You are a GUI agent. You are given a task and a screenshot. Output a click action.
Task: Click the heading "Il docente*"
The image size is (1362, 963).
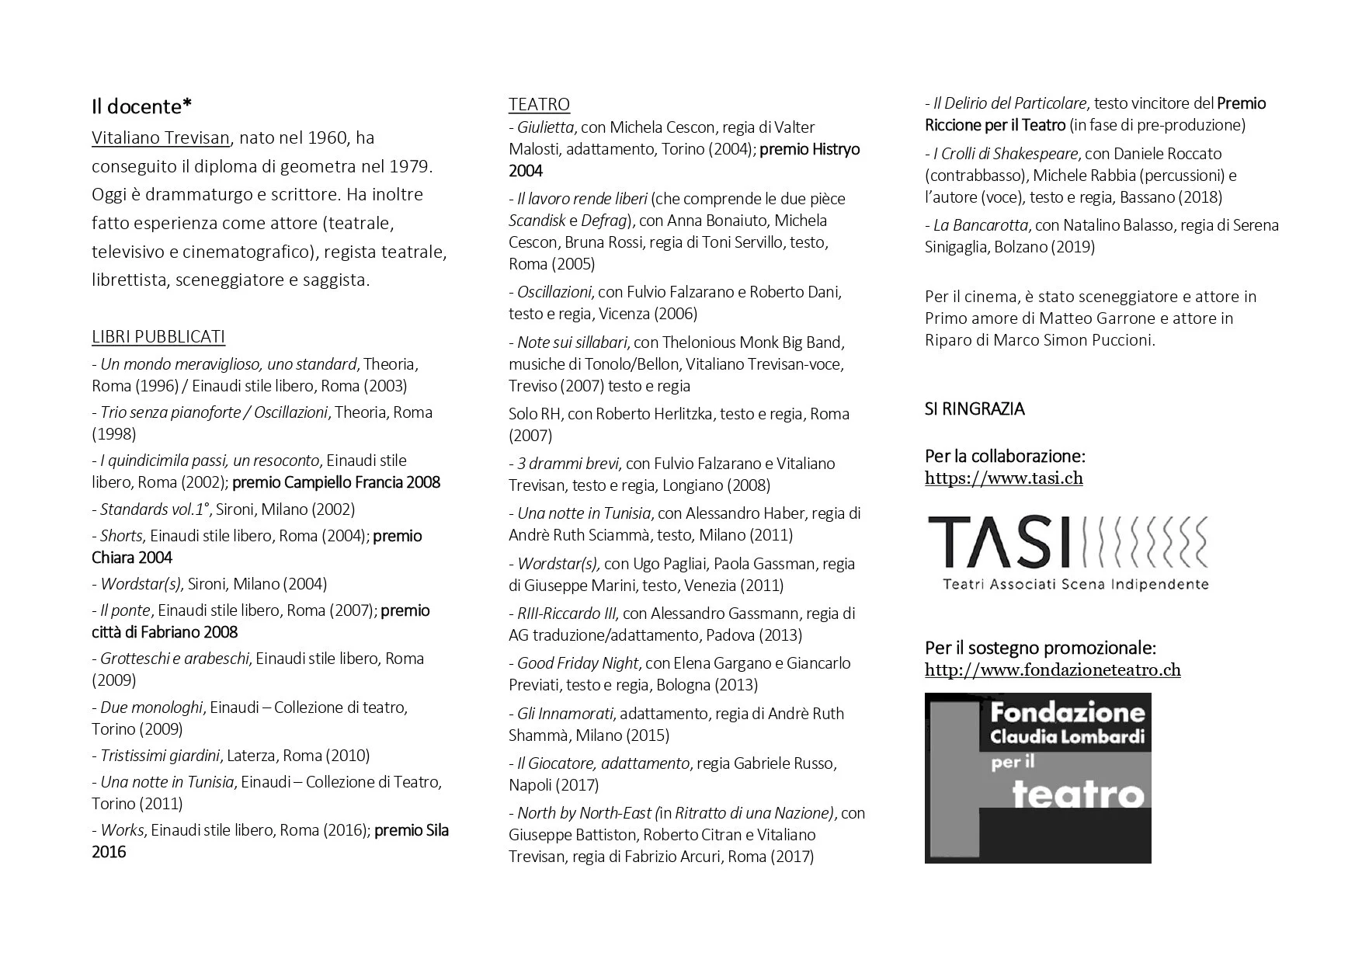pos(142,106)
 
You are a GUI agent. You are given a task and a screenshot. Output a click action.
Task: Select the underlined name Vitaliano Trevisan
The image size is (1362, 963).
pos(161,138)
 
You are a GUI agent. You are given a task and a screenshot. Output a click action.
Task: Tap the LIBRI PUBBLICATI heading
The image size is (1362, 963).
pos(158,336)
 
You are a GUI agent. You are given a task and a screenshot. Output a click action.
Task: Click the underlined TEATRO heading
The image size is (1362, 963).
pos(539,104)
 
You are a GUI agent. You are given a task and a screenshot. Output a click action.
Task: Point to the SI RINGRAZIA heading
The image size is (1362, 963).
pos(975,408)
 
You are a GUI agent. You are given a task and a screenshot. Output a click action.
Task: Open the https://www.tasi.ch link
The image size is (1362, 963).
pos(1003,478)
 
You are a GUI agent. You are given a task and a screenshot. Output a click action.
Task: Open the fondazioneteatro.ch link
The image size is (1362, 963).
pos(1052,669)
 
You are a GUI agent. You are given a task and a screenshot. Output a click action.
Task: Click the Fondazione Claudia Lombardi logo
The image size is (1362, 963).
pos(1037,777)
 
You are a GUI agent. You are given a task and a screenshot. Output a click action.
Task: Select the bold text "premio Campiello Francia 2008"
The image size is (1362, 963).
pos(336,482)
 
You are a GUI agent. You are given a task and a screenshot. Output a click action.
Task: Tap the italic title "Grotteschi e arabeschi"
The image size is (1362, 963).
pos(175,659)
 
